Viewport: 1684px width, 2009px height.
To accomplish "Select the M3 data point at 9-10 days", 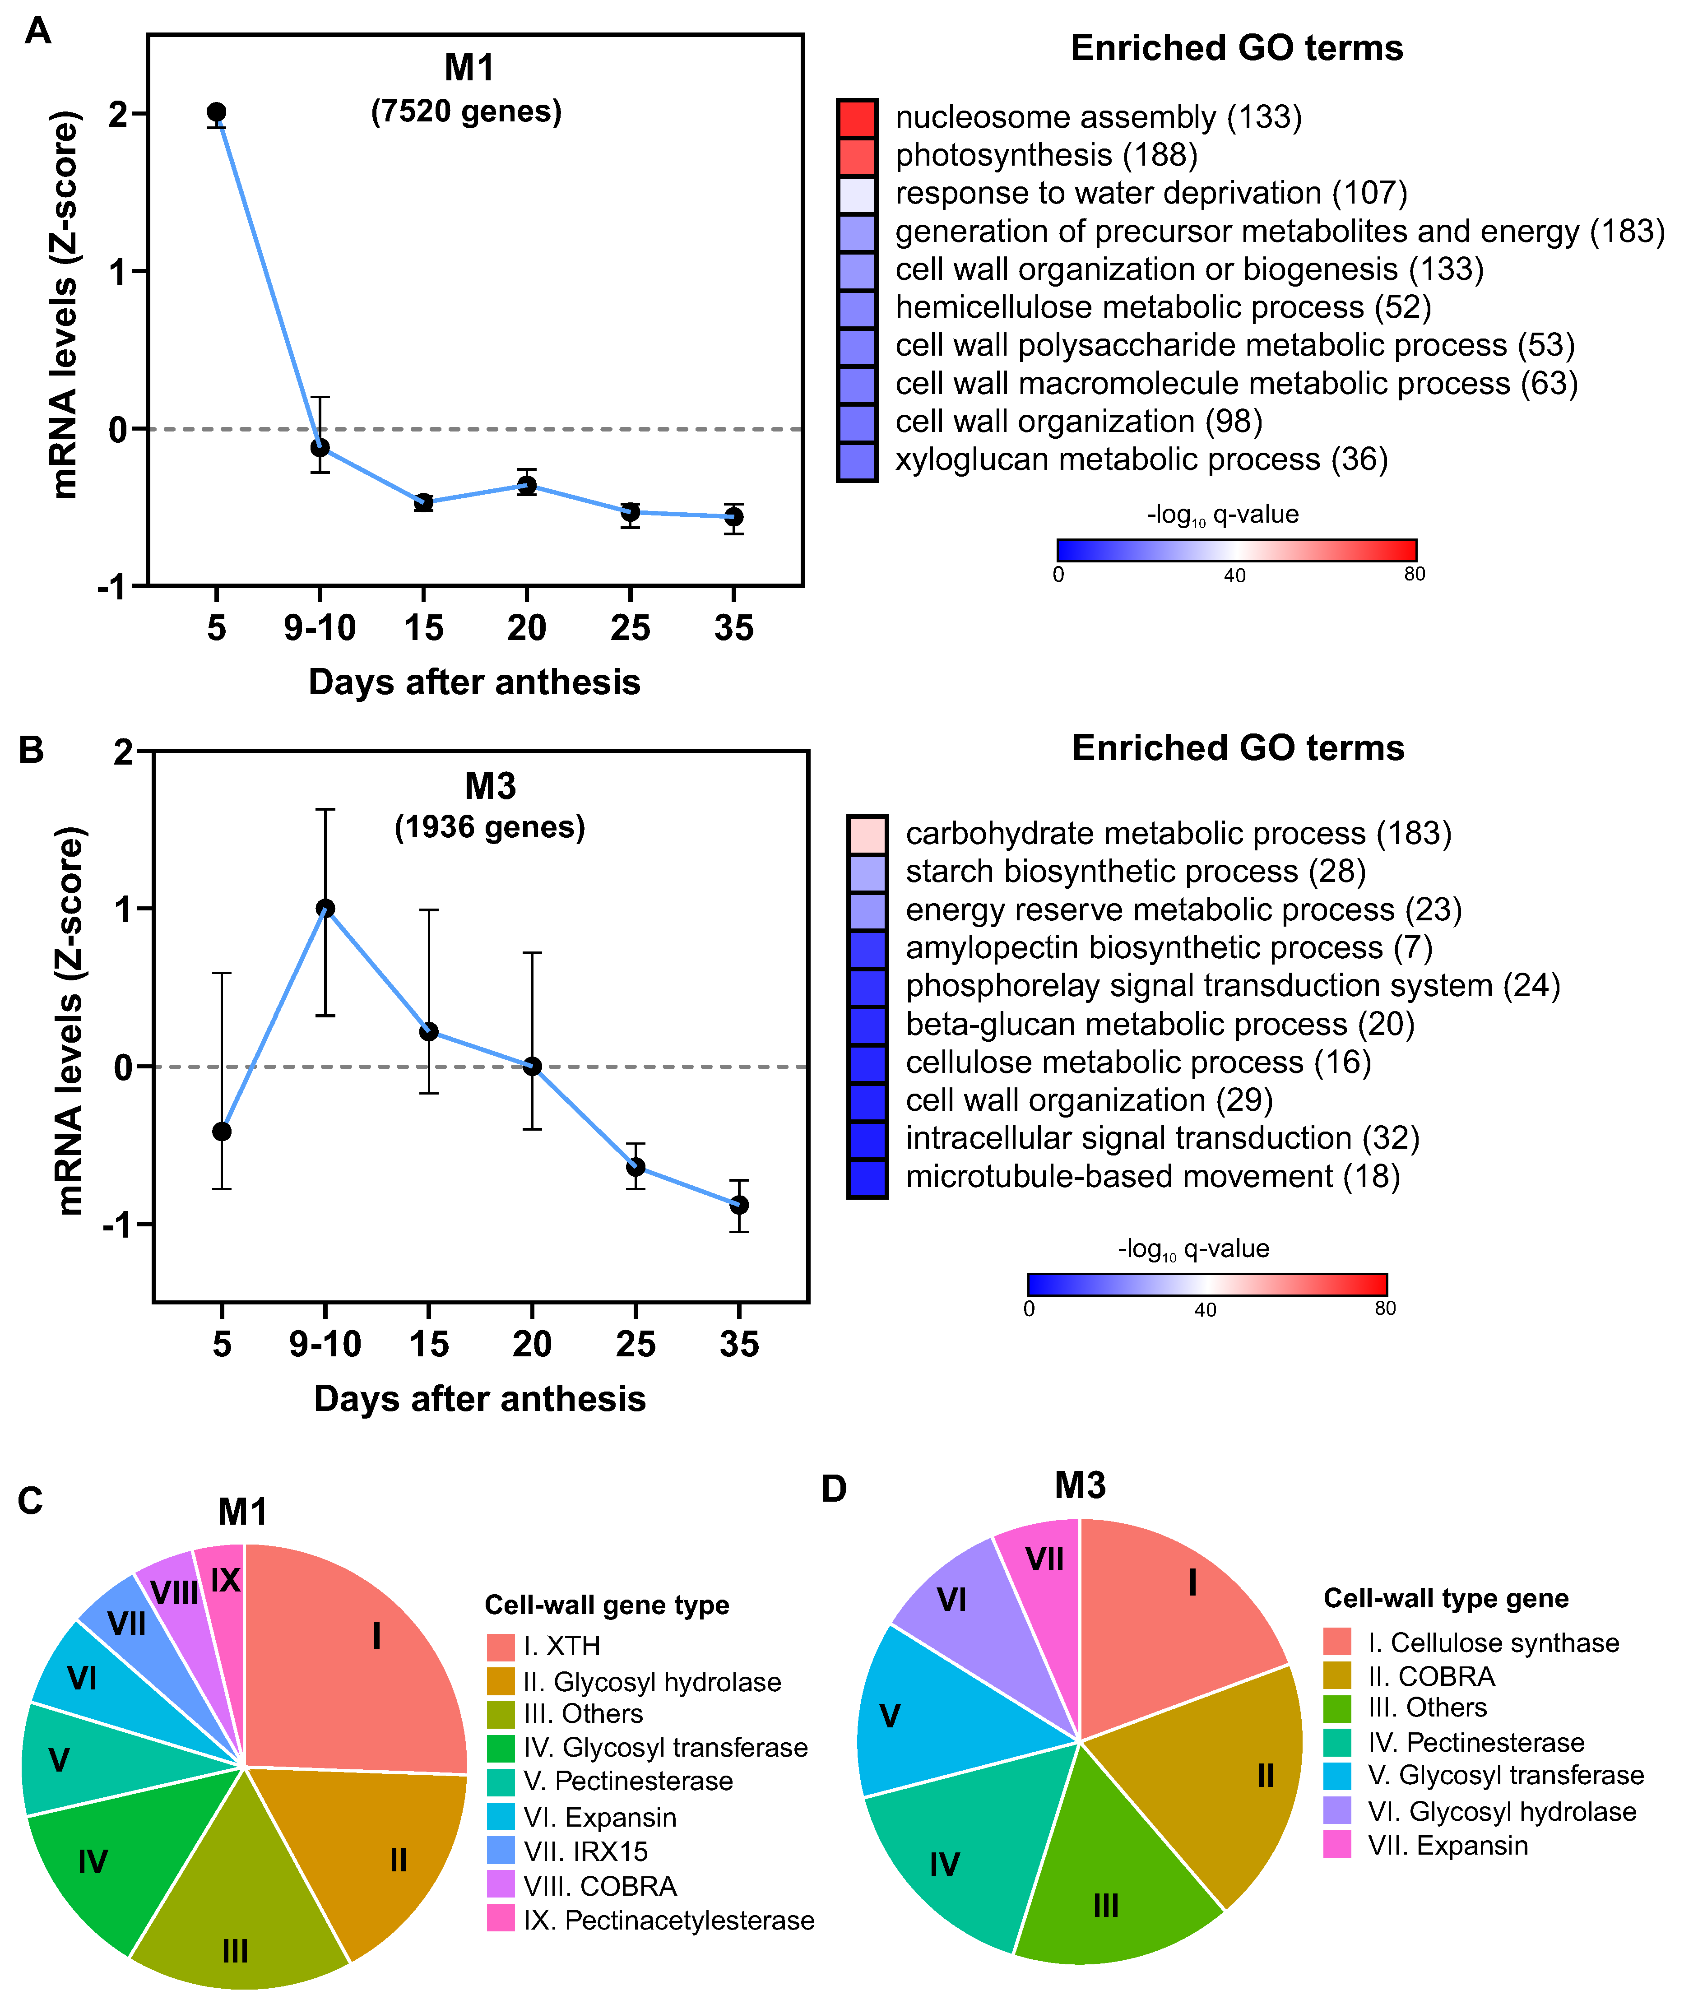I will click(x=325, y=908).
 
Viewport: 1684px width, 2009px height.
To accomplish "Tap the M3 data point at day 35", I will click(x=739, y=1204).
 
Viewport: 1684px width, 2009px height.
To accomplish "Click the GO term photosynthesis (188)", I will click(x=1046, y=155).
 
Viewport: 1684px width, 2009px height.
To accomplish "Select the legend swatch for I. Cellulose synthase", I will click(x=1338, y=1642).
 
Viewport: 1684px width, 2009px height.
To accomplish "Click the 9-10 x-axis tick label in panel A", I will click(x=320, y=629).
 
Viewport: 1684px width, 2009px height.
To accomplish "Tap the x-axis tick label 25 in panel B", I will click(x=636, y=1345).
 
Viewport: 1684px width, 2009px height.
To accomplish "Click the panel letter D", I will click(x=835, y=1489).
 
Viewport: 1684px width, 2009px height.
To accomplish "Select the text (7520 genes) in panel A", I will click(x=466, y=112).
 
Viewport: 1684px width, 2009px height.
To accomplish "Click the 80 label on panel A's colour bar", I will click(x=1414, y=574).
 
